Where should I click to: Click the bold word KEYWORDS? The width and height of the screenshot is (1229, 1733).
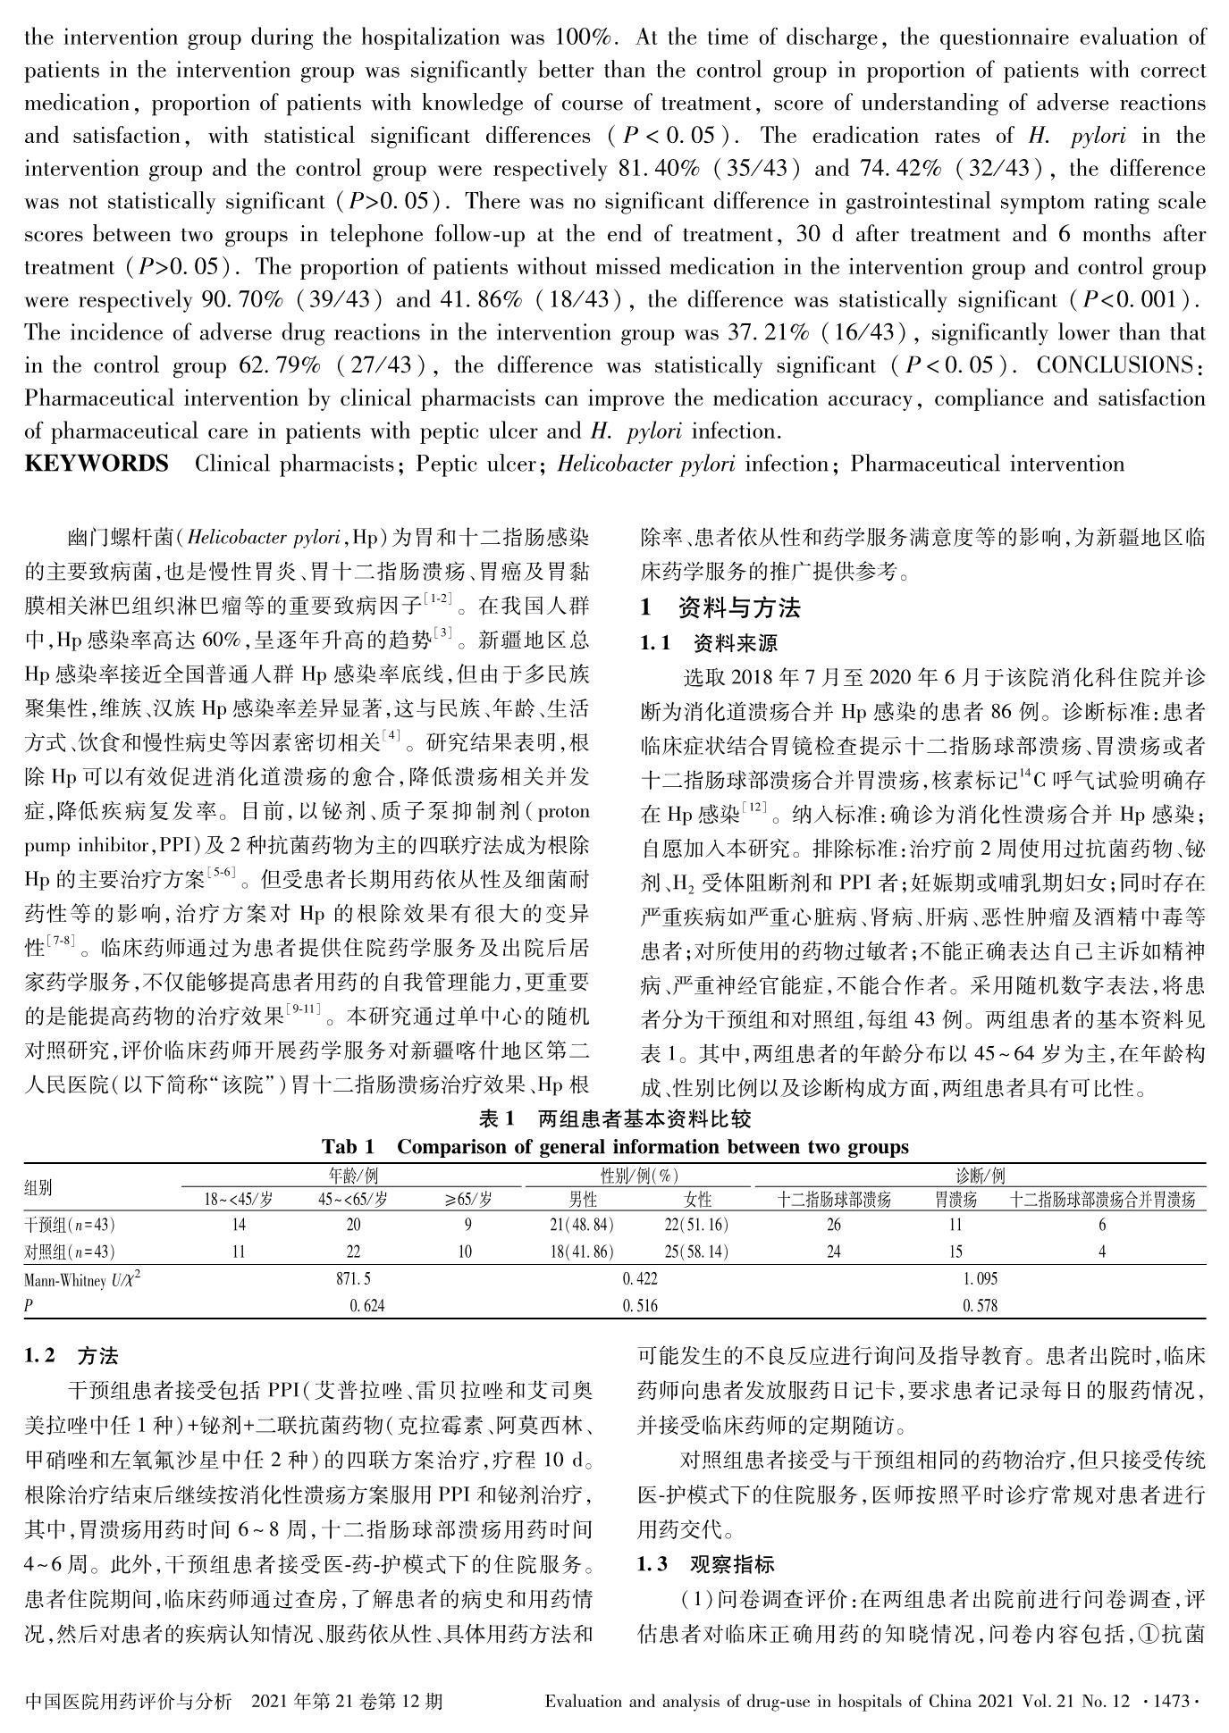pos(97,464)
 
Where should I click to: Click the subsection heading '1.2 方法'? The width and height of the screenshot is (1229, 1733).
pos(72,1356)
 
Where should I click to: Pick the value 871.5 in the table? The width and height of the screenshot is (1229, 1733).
pos(353,1279)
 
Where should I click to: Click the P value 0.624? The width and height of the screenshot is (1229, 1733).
pos(367,1306)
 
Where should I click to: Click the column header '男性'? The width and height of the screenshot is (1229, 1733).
pos(583,1199)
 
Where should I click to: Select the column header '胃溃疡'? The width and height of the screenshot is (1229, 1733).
pos(956,1199)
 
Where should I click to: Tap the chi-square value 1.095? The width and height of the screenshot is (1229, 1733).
pos(981,1279)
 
